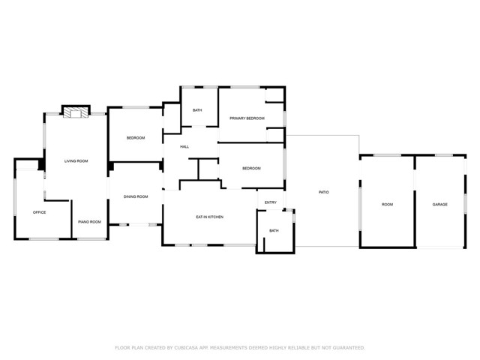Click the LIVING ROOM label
click(76, 161)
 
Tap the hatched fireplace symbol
click(76, 112)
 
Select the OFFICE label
click(40, 212)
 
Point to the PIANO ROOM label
click(90, 222)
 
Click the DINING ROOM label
click(136, 196)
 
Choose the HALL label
click(184, 147)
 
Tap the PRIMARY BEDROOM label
click(247, 118)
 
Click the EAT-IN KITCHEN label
click(210, 217)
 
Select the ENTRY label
click(271, 202)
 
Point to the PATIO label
click(324, 192)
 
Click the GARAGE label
click(440, 204)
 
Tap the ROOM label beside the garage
click(387, 204)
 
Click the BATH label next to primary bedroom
click(197, 110)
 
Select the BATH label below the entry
click(274, 230)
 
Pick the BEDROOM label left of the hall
click(136, 138)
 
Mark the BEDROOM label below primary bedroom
click(252, 168)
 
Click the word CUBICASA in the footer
click(186, 348)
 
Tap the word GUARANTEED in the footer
click(349, 348)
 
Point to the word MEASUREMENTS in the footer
click(228, 348)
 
